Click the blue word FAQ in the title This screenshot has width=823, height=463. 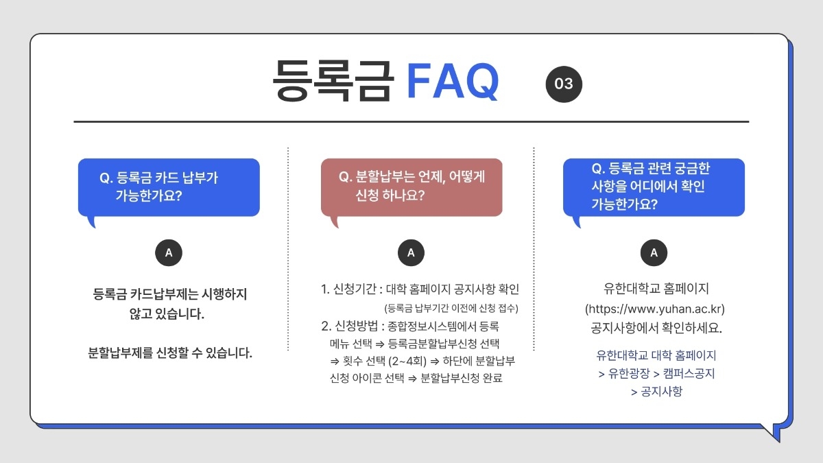[453, 82]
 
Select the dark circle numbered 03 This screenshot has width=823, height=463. [564, 84]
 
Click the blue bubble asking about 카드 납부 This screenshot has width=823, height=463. [169, 187]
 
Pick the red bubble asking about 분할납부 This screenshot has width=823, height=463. [411, 187]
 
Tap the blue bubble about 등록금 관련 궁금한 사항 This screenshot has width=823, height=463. [654, 187]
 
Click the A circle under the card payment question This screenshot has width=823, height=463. [169, 253]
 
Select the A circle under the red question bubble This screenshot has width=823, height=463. [411, 253]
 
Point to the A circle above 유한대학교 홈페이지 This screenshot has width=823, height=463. [654, 253]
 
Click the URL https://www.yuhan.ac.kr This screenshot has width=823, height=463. [654, 309]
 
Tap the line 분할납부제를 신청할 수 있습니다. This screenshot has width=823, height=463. [171, 354]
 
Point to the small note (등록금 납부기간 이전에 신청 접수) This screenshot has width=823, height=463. [451, 308]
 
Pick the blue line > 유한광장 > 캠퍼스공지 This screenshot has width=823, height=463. [656, 374]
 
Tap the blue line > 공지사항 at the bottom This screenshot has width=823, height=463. [656, 392]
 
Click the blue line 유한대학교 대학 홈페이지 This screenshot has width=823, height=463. [656, 356]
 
